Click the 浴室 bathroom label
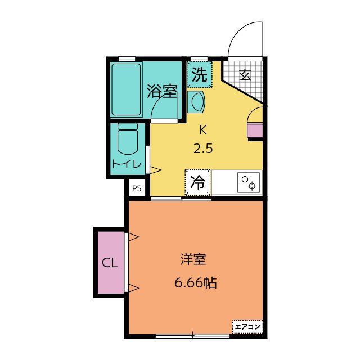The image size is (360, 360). click(162, 91)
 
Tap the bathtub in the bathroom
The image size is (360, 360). click(126, 89)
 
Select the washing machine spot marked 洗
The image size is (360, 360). click(199, 74)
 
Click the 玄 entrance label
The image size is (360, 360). click(245, 75)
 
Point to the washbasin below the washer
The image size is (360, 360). click(196, 102)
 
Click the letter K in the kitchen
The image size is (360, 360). click(203, 130)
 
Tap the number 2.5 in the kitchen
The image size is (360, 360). click(203, 148)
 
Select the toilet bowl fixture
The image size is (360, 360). click(128, 138)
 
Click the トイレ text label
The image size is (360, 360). click(126, 164)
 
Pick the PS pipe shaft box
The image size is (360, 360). click(137, 188)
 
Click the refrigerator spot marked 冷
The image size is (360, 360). click(197, 182)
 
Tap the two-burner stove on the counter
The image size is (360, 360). click(249, 182)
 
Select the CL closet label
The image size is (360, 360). click(110, 263)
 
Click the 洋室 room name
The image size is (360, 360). click(193, 259)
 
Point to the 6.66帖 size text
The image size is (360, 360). click(196, 282)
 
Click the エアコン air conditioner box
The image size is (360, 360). click(247, 326)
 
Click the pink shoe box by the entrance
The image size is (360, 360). click(255, 130)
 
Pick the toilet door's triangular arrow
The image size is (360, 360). click(155, 170)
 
